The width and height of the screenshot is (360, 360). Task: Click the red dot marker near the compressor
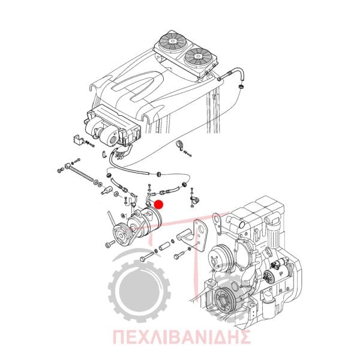click(x=158, y=205)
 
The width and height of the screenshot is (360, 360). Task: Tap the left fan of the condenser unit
click(x=172, y=41)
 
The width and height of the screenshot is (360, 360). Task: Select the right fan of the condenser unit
click(x=197, y=56)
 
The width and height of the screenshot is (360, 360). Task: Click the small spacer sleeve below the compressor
click(x=164, y=246)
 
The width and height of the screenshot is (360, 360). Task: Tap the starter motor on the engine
click(x=276, y=271)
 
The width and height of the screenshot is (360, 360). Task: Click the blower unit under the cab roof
click(x=112, y=125)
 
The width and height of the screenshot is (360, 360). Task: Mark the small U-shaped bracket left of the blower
click(x=78, y=140)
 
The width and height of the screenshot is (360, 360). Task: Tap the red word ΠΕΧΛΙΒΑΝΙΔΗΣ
click(x=181, y=337)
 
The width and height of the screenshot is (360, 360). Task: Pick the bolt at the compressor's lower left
click(x=110, y=244)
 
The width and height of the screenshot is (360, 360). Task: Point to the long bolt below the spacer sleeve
click(x=147, y=256)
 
